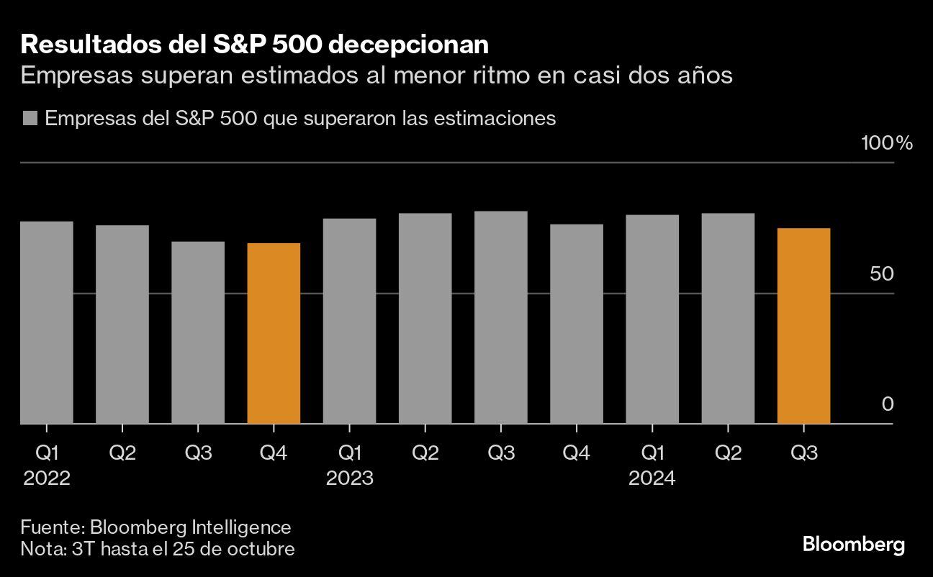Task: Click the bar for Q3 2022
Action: (x=198, y=332)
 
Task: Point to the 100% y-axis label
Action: (x=887, y=142)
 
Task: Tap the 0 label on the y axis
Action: (x=888, y=404)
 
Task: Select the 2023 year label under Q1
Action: (x=350, y=478)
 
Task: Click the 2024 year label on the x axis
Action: (x=652, y=478)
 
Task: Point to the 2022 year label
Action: (x=47, y=478)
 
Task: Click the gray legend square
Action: (x=30, y=119)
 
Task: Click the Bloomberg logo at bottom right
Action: (x=853, y=545)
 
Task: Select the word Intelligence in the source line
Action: (x=242, y=527)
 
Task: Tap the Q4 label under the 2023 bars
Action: (x=577, y=453)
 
